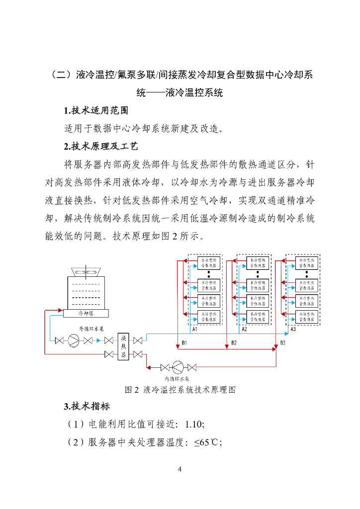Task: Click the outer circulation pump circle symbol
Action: pos(74,340)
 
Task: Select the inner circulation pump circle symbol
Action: pos(178,367)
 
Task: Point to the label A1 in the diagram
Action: pos(195,329)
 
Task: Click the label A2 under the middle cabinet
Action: pos(244,329)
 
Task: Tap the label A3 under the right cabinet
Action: pos(293,329)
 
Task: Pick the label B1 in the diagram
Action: pos(184,343)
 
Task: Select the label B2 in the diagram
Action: pos(234,343)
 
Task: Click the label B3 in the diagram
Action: pos(282,343)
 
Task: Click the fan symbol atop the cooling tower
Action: pos(86,272)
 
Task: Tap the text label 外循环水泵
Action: pos(91,329)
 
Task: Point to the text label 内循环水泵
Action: pos(178,379)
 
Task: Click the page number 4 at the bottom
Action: pos(180,469)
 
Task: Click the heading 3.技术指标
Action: pos(87,406)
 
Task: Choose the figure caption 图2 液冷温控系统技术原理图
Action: pos(180,389)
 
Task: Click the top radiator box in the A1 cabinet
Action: pos(209,263)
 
